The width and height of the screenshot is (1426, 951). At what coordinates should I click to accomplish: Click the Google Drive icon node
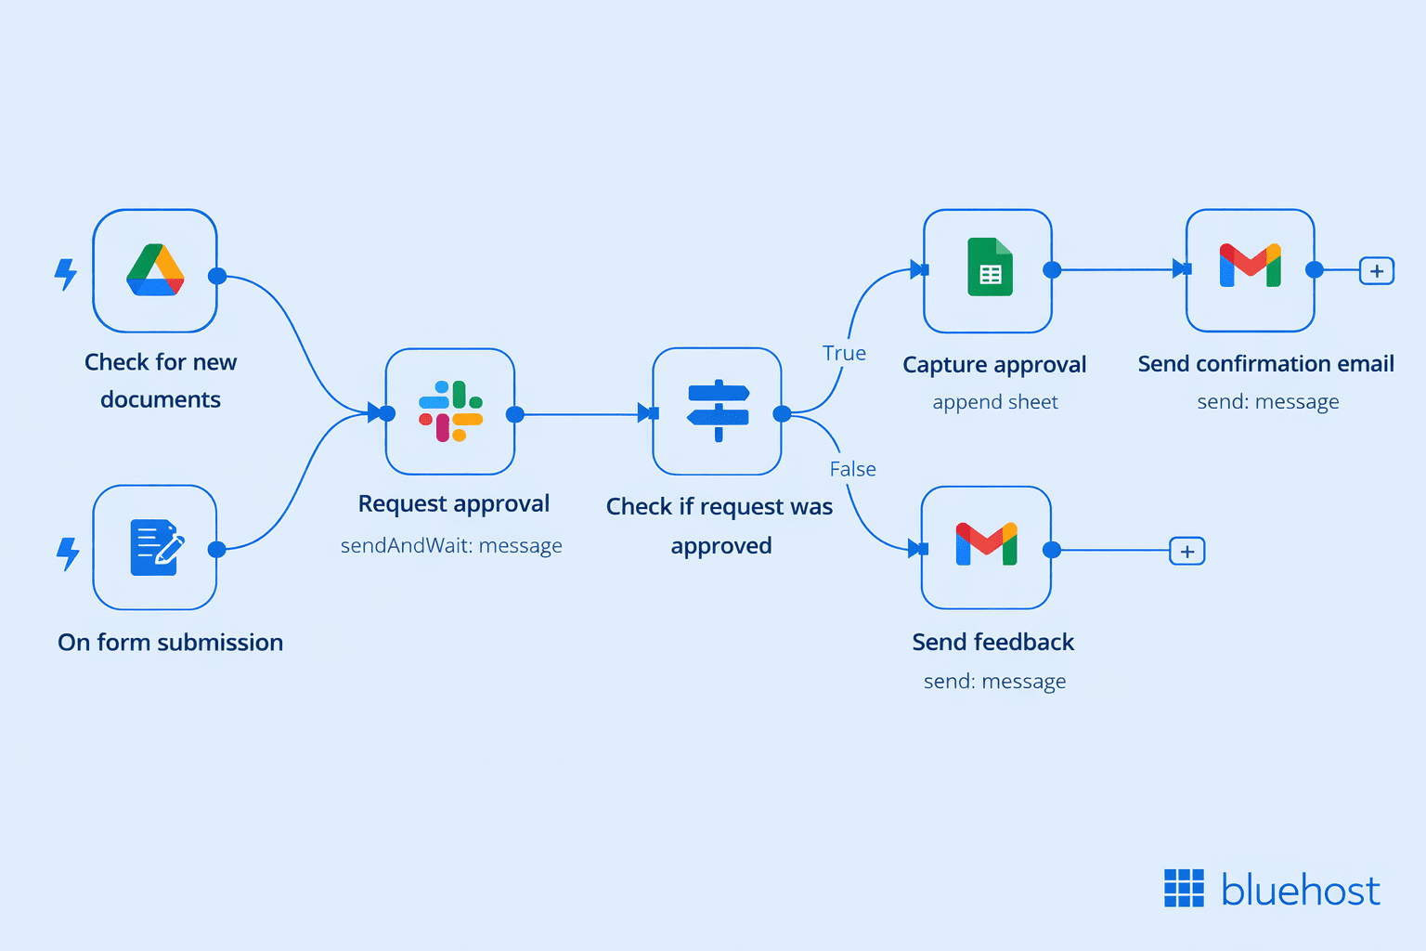click(x=155, y=270)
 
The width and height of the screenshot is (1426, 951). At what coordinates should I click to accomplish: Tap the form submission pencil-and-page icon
click(x=156, y=547)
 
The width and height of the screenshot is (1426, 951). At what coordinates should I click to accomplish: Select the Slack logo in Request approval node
click(x=450, y=411)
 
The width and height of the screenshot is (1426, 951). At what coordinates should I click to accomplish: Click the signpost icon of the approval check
click(x=718, y=411)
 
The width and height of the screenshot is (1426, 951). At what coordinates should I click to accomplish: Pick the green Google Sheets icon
click(x=990, y=267)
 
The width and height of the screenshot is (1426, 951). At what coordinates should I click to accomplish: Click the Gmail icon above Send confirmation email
click(x=1250, y=267)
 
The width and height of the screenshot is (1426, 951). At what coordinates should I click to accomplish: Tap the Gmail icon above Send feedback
click(x=986, y=545)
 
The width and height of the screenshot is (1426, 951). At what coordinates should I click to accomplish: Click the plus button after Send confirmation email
click(x=1377, y=271)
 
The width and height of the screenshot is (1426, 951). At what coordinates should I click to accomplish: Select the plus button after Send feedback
click(x=1187, y=552)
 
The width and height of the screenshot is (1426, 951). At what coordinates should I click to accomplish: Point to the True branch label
click(x=844, y=354)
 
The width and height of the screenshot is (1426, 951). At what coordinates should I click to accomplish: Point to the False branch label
click(x=852, y=469)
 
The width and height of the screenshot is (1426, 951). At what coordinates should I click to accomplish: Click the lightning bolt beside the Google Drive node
click(x=66, y=274)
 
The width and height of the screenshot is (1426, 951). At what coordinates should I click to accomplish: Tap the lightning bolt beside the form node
click(x=68, y=554)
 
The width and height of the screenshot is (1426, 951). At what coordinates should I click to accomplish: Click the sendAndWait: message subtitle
click(x=451, y=545)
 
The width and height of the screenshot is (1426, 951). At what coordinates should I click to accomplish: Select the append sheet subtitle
click(x=995, y=402)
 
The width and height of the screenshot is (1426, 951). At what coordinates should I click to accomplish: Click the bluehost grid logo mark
click(x=1184, y=889)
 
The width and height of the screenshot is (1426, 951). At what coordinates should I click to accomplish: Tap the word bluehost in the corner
click(x=1300, y=891)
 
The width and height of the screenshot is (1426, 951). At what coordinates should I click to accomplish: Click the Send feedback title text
click(x=992, y=642)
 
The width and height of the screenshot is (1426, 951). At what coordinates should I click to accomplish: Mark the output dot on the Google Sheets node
click(x=1052, y=270)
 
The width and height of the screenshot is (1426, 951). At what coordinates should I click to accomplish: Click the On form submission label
click(x=170, y=642)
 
